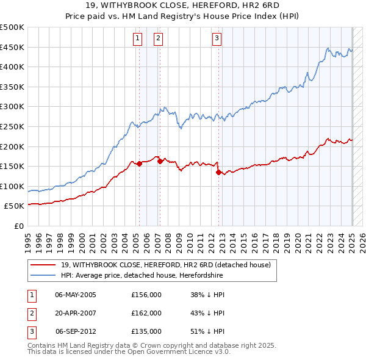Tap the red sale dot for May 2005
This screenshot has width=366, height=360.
139,164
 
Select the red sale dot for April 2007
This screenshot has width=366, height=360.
160,161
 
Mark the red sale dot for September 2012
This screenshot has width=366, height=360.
218,172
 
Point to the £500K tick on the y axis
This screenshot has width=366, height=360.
12,27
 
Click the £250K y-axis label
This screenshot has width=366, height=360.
12,126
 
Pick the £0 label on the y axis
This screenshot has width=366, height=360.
19,226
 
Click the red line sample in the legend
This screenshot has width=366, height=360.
43,264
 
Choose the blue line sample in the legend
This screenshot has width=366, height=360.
43,275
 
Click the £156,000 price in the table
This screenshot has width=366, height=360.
146,294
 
